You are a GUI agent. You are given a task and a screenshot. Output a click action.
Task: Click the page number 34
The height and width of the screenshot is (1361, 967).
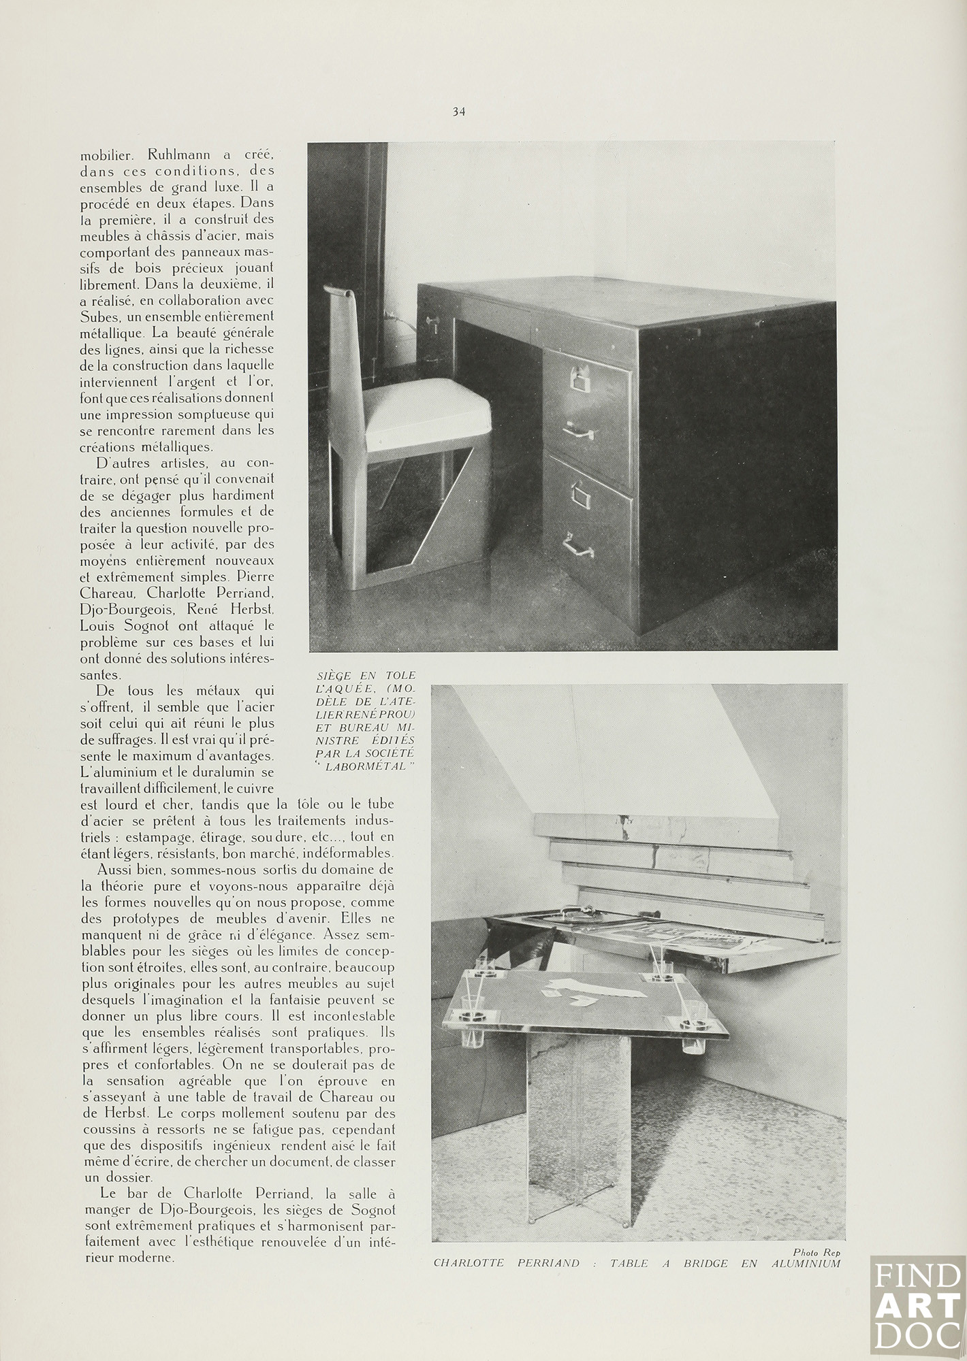tap(458, 112)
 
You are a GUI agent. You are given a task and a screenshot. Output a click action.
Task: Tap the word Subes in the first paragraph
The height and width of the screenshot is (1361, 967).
tap(100, 316)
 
